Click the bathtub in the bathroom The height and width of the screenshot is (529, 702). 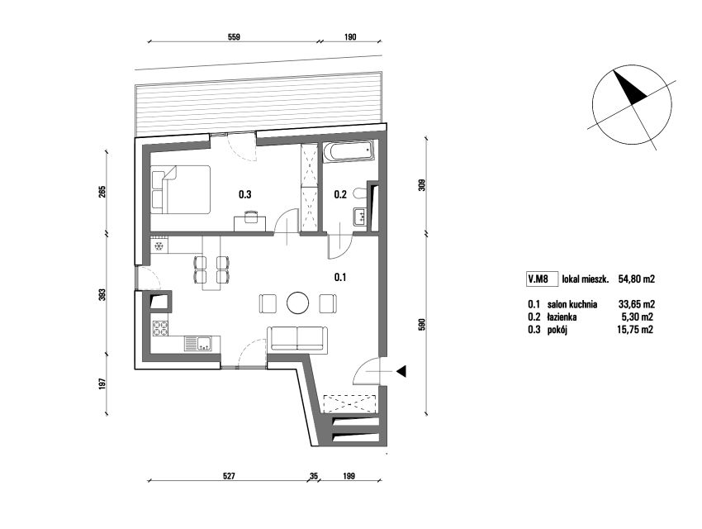point(348,151)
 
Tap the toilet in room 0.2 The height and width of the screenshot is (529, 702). point(359,193)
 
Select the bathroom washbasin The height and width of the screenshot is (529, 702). point(359,217)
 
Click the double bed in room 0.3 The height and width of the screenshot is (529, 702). point(180,189)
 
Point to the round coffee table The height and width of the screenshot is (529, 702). point(297,303)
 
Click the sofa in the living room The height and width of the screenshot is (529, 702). point(297,339)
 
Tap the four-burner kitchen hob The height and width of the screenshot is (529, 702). point(160,328)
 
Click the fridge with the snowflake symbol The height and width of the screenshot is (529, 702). point(159,245)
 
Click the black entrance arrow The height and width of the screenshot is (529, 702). point(401,371)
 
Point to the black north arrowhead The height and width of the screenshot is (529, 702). point(630,88)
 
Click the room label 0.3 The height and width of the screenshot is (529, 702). point(244,194)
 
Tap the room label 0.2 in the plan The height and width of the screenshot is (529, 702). point(340,194)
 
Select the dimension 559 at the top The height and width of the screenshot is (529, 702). point(235,37)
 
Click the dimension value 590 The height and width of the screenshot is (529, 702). point(421,324)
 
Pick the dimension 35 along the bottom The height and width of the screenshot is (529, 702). point(313,476)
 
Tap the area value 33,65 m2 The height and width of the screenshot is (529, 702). point(636,305)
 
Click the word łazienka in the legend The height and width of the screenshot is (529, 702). point(562,317)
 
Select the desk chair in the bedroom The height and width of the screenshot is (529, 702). point(251,217)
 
